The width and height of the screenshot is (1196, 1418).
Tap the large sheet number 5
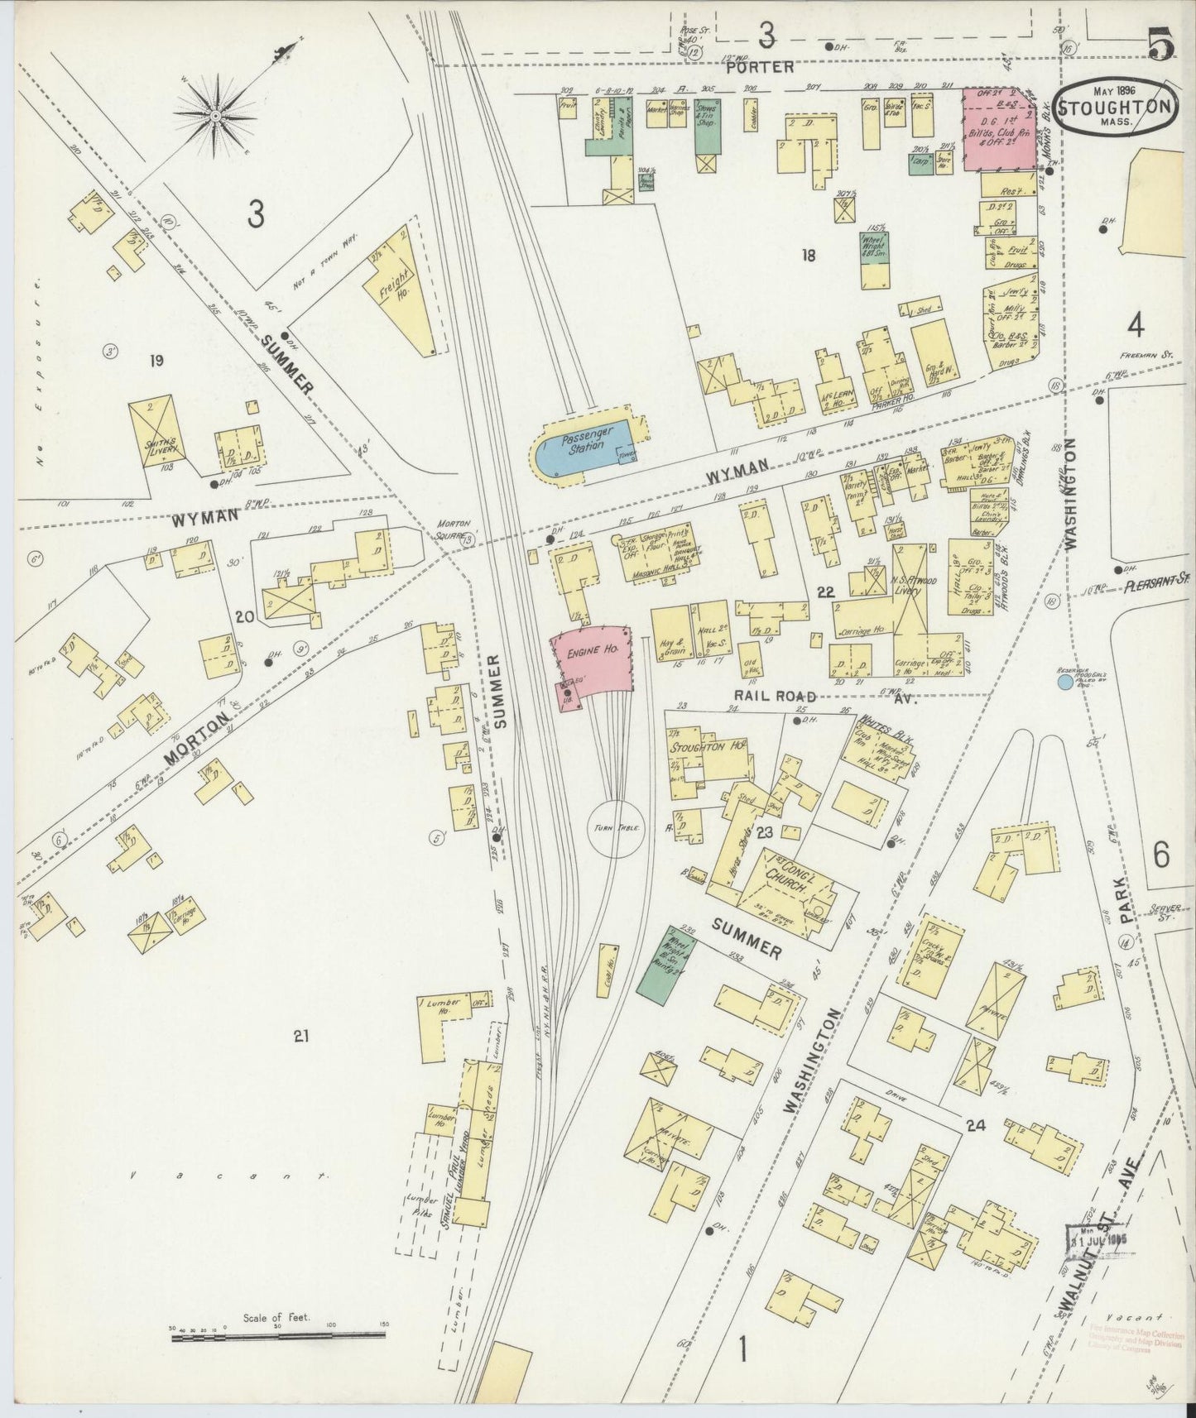click(1161, 46)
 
